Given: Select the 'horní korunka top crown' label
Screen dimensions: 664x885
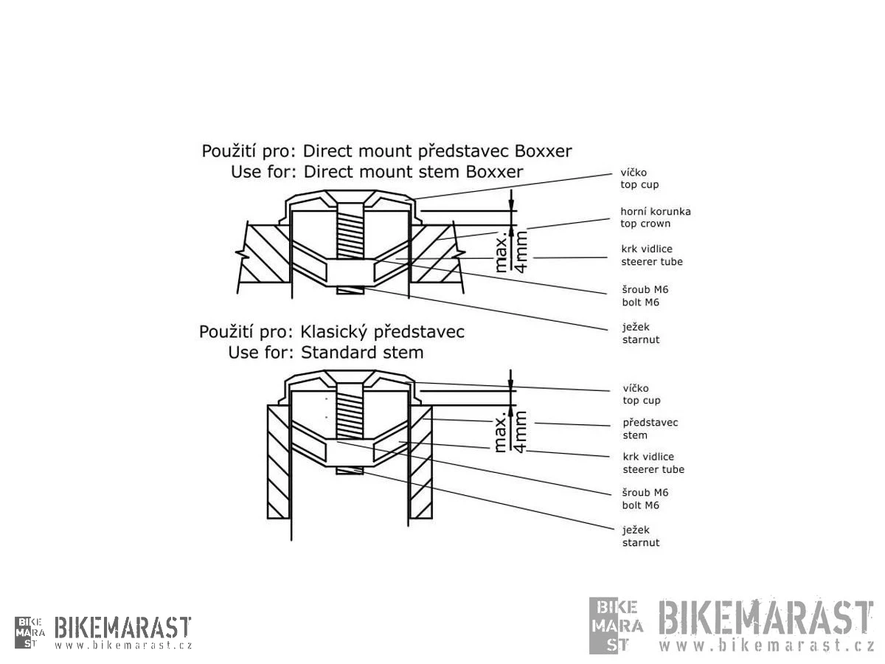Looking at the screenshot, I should (655, 218).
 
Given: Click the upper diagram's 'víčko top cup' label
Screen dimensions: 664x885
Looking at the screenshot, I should (639, 179).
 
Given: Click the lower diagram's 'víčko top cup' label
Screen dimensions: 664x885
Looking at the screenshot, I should (641, 394).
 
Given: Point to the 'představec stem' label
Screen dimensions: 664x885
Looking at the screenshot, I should (650, 429).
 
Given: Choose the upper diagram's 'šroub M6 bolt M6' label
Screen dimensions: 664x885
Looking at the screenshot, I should (645, 296).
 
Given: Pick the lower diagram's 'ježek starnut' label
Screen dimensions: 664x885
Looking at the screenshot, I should (641, 536).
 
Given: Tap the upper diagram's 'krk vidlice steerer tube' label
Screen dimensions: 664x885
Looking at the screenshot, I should (652, 255).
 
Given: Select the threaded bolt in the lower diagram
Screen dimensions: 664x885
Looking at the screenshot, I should (350, 413).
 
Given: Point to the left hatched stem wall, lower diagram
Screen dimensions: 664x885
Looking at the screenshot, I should (278, 461).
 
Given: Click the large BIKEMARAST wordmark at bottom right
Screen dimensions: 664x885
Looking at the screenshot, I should (764, 618).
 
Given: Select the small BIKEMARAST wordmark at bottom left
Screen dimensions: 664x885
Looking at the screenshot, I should (122, 628).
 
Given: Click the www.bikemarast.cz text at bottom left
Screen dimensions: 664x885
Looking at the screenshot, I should (122, 645).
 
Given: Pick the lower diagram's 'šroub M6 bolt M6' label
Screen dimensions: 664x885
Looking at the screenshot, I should (645, 499).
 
